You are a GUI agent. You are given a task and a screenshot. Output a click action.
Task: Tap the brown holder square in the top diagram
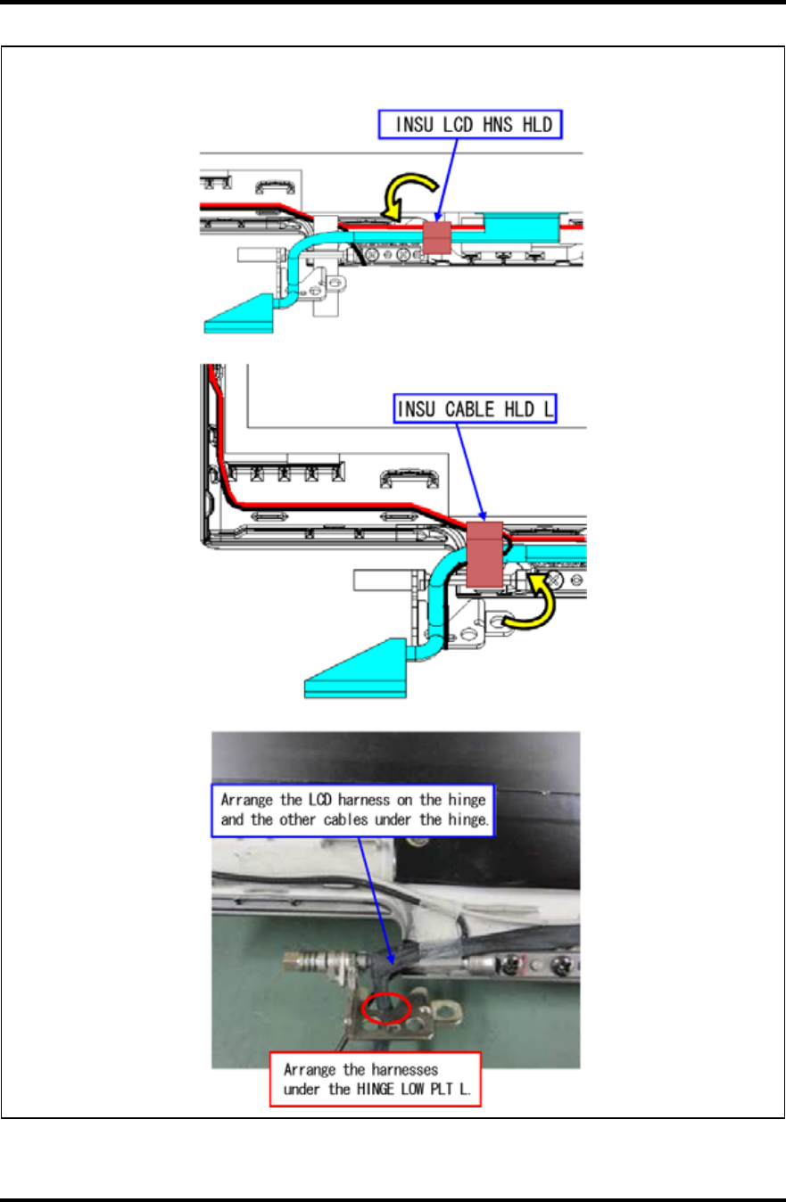[437, 236]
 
